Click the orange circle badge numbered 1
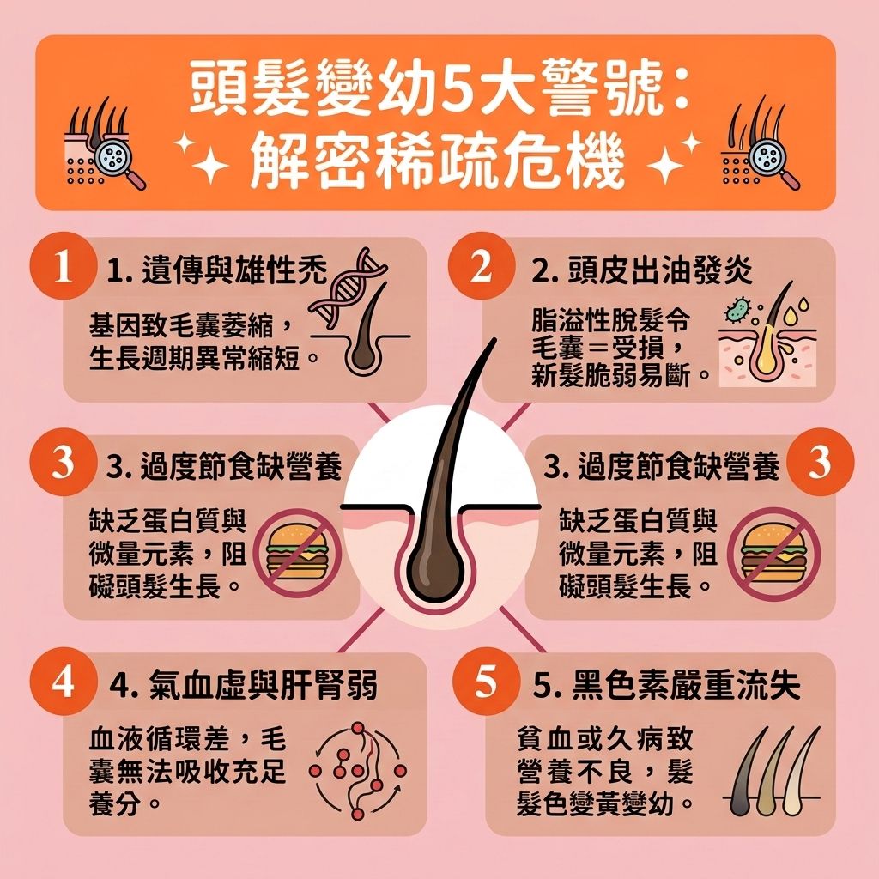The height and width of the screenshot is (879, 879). (61, 267)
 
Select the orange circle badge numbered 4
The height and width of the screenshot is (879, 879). (61, 683)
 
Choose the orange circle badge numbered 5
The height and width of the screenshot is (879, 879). (485, 683)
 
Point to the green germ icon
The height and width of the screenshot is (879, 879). (736, 310)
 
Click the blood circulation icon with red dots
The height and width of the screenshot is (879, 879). (357, 767)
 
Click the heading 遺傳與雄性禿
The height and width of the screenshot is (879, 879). (218, 272)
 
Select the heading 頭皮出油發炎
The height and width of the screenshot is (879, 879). (642, 272)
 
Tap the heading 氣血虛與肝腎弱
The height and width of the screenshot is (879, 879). (244, 687)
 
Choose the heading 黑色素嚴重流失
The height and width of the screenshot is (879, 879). (666, 687)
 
